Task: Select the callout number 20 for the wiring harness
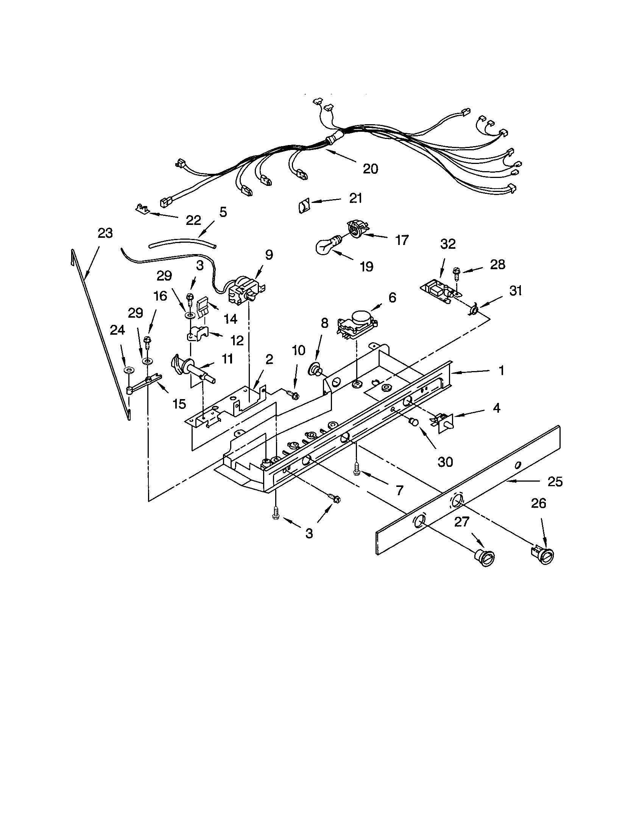click(x=370, y=168)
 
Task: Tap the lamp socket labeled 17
click(x=358, y=229)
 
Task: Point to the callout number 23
click(x=105, y=233)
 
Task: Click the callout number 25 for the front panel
click(x=555, y=482)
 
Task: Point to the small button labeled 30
click(x=413, y=422)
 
